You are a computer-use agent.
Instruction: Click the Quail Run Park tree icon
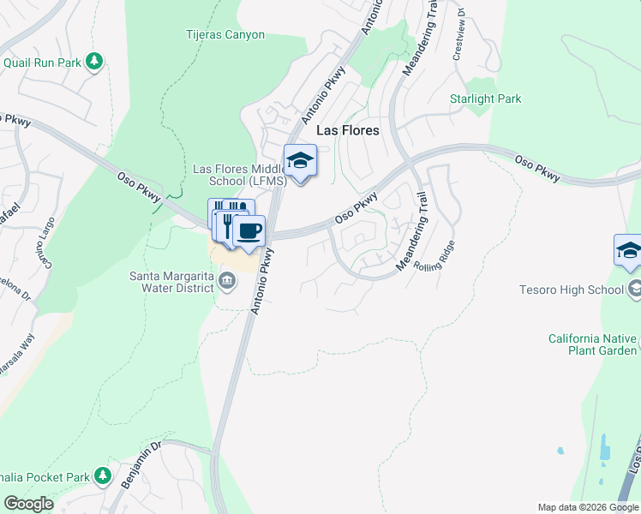pos(94,62)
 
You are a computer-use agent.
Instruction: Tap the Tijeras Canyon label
pos(225,35)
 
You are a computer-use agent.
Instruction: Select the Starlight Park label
pos(485,99)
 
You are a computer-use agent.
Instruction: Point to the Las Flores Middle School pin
pos(300,162)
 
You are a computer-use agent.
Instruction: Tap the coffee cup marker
pos(249,231)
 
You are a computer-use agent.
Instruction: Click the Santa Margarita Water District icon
pos(228,279)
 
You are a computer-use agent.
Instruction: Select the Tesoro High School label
pos(571,290)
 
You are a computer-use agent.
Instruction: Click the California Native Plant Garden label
pos(593,344)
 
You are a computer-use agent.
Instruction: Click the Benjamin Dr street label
pos(141,466)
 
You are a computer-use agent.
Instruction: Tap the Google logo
pos(28,503)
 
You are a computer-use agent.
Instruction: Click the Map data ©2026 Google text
pos(588,507)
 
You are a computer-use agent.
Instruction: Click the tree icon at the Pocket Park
pos(103,475)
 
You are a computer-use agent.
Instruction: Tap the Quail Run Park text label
pos(41,63)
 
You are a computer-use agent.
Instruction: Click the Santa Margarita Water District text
pos(171,282)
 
